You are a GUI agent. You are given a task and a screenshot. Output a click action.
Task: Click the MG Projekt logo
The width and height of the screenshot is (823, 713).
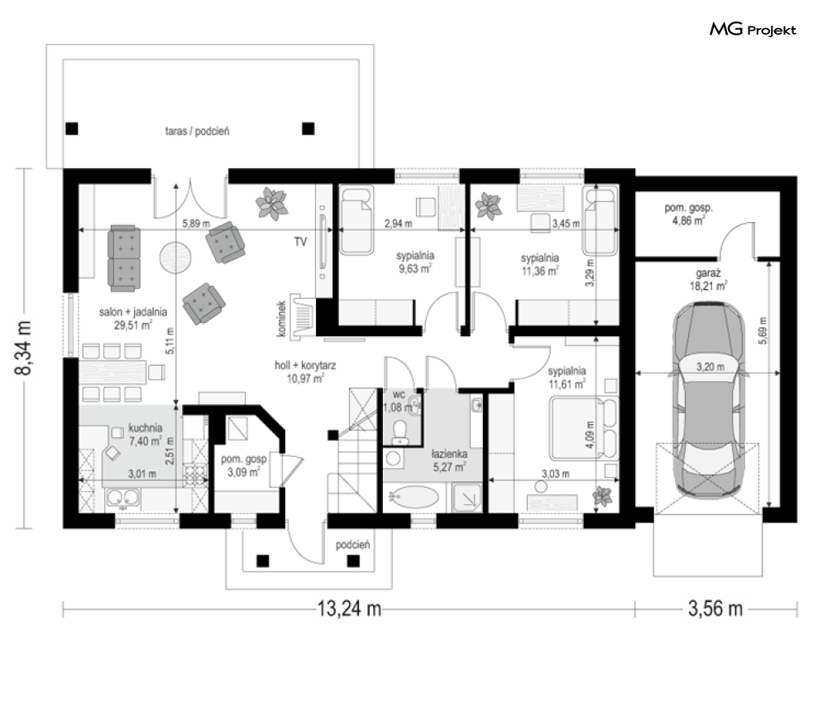[753, 30]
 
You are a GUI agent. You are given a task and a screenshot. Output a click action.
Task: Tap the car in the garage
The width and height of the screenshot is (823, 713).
[709, 400]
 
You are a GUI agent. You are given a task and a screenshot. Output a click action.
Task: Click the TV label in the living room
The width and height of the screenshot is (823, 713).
[300, 242]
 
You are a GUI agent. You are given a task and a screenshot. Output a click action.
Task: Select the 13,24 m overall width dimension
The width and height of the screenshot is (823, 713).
[349, 609]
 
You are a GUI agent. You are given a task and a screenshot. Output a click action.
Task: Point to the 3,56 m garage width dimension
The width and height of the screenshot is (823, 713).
[715, 609]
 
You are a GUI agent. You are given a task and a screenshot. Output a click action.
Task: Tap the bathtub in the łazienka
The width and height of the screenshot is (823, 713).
[415, 497]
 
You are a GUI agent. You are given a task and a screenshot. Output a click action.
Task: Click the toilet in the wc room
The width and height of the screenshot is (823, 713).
[400, 431]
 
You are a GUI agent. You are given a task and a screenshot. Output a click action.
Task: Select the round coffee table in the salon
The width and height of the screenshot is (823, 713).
[175, 257]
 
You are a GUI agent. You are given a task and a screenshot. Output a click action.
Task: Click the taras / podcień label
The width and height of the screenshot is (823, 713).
[198, 131]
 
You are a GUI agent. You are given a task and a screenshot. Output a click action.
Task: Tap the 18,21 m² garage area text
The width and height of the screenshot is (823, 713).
[708, 287]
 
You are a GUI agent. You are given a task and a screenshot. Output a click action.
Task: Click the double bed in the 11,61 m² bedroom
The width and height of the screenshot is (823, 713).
[584, 428]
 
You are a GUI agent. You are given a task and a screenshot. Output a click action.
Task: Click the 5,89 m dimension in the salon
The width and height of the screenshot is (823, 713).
[196, 224]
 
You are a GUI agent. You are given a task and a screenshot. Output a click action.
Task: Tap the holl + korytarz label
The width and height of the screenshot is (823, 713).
[305, 365]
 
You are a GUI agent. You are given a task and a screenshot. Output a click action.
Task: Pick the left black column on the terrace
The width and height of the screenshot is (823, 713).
[72, 128]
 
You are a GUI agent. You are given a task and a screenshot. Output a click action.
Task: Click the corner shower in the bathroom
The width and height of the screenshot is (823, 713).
[467, 497]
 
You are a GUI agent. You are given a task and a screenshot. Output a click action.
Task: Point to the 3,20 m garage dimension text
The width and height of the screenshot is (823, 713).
[711, 367]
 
